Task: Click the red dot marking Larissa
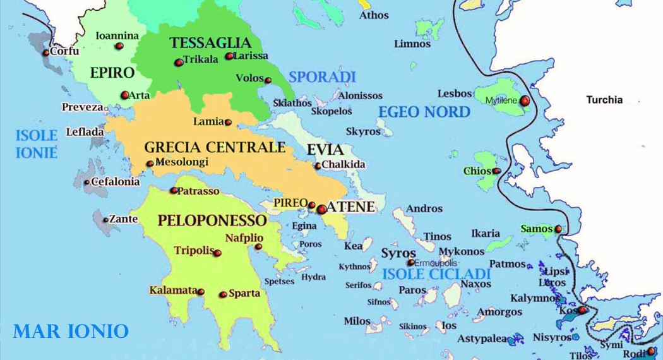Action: [x=229, y=56]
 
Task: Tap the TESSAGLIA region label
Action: [x=210, y=43]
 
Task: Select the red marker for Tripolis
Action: [x=217, y=253]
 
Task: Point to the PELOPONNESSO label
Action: [x=212, y=220]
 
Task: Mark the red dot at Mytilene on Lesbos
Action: [x=524, y=100]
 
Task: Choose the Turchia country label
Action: [x=604, y=100]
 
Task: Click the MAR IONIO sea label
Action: [x=71, y=331]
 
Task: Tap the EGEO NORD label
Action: [x=424, y=112]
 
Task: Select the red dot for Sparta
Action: [x=223, y=294]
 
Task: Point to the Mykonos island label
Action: [x=461, y=251]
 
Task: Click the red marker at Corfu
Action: [x=46, y=52]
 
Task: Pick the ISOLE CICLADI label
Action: [x=436, y=274]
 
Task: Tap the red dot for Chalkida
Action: [x=318, y=166]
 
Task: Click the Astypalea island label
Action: [x=482, y=339]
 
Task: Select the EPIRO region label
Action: [x=112, y=73]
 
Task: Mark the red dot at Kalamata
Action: [x=201, y=292]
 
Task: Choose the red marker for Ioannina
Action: [x=119, y=46]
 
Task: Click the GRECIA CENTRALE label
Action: [x=215, y=148]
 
